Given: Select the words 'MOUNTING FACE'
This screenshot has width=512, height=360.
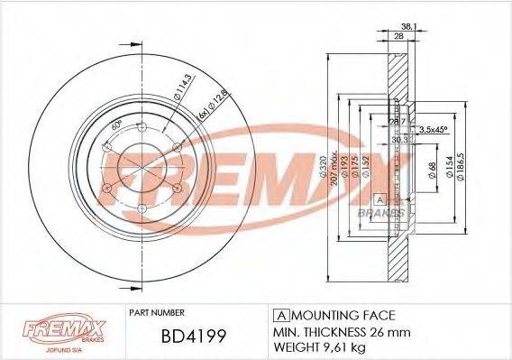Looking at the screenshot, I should click(337, 314).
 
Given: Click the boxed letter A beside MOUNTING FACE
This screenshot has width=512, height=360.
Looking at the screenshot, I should click(279, 314).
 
